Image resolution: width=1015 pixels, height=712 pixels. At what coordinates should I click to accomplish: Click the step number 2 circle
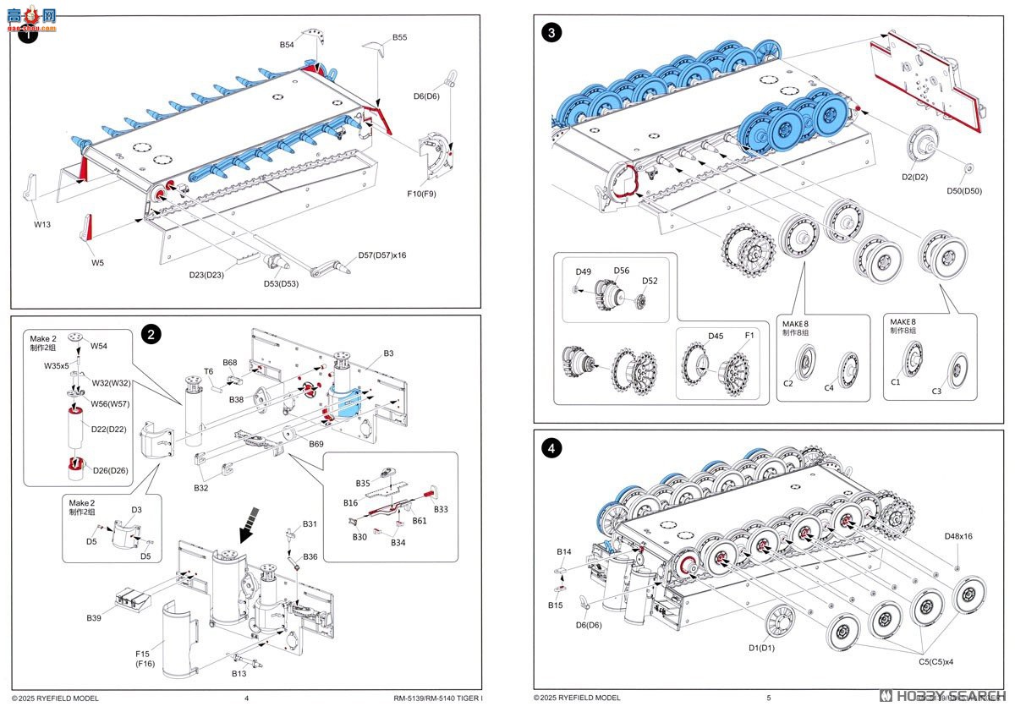(x=151, y=334)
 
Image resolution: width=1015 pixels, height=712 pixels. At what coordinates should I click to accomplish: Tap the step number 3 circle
(x=551, y=33)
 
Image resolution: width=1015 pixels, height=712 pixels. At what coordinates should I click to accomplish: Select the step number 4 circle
(x=551, y=448)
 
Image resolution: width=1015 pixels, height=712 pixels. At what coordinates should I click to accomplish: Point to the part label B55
(x=400, y=38)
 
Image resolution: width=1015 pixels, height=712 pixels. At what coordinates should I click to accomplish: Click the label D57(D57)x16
(x=382, y=255)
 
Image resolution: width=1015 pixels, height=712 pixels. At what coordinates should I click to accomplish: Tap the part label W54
(x=99, y=345)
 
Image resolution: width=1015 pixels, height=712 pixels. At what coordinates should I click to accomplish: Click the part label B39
(x=94, y=618)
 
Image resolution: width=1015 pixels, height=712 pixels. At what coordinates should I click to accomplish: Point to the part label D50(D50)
(x=964, y=190)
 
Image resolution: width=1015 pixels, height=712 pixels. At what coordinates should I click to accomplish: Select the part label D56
(x=622, y=271)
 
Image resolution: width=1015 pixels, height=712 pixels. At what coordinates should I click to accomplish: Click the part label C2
(x=788, y=383)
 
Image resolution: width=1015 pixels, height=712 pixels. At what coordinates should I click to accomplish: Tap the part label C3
(x=936, y=391)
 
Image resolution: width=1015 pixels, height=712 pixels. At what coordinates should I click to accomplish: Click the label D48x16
(x=958, y=536)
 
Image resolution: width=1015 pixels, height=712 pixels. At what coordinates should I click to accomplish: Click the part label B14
(x=564, y=551)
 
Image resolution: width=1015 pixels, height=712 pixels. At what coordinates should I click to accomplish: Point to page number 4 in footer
(x=246, y=698)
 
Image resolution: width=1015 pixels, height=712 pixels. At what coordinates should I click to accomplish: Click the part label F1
(x=749, y=336)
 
